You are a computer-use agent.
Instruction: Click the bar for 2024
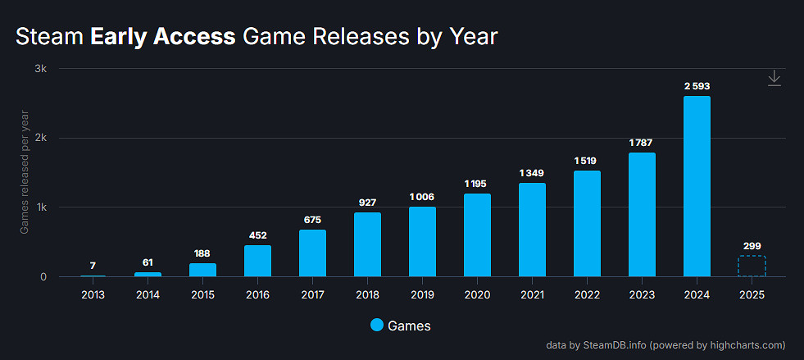[697, 187]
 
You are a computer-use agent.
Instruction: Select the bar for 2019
[422, 242]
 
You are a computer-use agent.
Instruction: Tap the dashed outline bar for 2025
[752, 267]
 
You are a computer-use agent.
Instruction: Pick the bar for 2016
[257, 261]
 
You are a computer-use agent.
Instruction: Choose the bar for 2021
[532, 230]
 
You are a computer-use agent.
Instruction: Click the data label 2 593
[697, 86]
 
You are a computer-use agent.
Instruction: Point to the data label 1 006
[422, 197]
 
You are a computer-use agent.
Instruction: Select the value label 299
[752, 245]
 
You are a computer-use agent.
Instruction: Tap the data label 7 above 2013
[93, 266]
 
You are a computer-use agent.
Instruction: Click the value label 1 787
[642, 143]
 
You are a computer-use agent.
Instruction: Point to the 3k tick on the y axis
[39, 69]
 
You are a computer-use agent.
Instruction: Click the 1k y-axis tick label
[39, 207]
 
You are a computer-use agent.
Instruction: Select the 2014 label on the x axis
[148, 294]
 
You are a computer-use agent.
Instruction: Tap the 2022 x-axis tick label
[587, 294]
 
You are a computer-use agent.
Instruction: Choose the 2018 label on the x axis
[367, 294]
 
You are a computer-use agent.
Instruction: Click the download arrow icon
[774, 78]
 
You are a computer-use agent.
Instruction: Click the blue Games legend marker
[376, 326]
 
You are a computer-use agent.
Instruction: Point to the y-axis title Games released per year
[24, 171]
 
